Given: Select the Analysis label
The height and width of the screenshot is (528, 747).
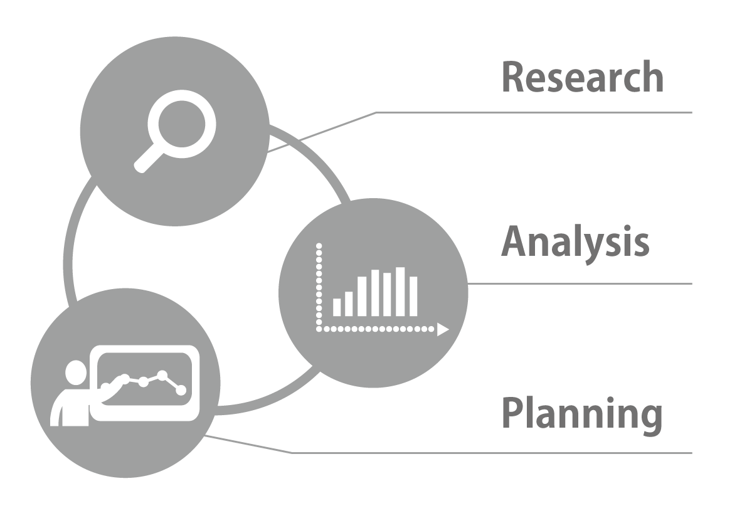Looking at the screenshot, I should point(575,243).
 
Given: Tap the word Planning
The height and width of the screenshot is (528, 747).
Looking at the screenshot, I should point(582,414).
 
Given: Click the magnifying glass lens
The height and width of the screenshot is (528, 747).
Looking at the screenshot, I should point(181,119).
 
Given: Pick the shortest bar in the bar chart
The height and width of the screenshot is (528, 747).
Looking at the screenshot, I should point(337,307).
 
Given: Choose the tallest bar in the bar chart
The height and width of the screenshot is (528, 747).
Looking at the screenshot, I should point(400,292).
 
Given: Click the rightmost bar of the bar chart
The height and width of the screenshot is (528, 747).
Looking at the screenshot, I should point(413,296).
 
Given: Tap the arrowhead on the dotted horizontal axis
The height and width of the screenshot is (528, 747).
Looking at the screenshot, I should point(443,329).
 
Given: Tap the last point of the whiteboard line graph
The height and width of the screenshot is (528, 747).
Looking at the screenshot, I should point(181,390).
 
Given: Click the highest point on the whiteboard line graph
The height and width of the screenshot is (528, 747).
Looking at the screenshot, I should point(162,375).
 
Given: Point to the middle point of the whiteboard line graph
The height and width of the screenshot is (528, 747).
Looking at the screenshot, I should point(144,381).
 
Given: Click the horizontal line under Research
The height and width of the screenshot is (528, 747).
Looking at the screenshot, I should point(533,113).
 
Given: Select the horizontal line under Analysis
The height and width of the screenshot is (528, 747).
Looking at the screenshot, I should point(580,283).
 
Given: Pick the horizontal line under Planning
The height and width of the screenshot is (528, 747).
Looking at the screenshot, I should point(492,452).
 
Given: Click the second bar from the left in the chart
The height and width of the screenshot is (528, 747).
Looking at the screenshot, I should point(349,304).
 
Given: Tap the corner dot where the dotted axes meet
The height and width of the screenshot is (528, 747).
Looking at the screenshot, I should point(319,328).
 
